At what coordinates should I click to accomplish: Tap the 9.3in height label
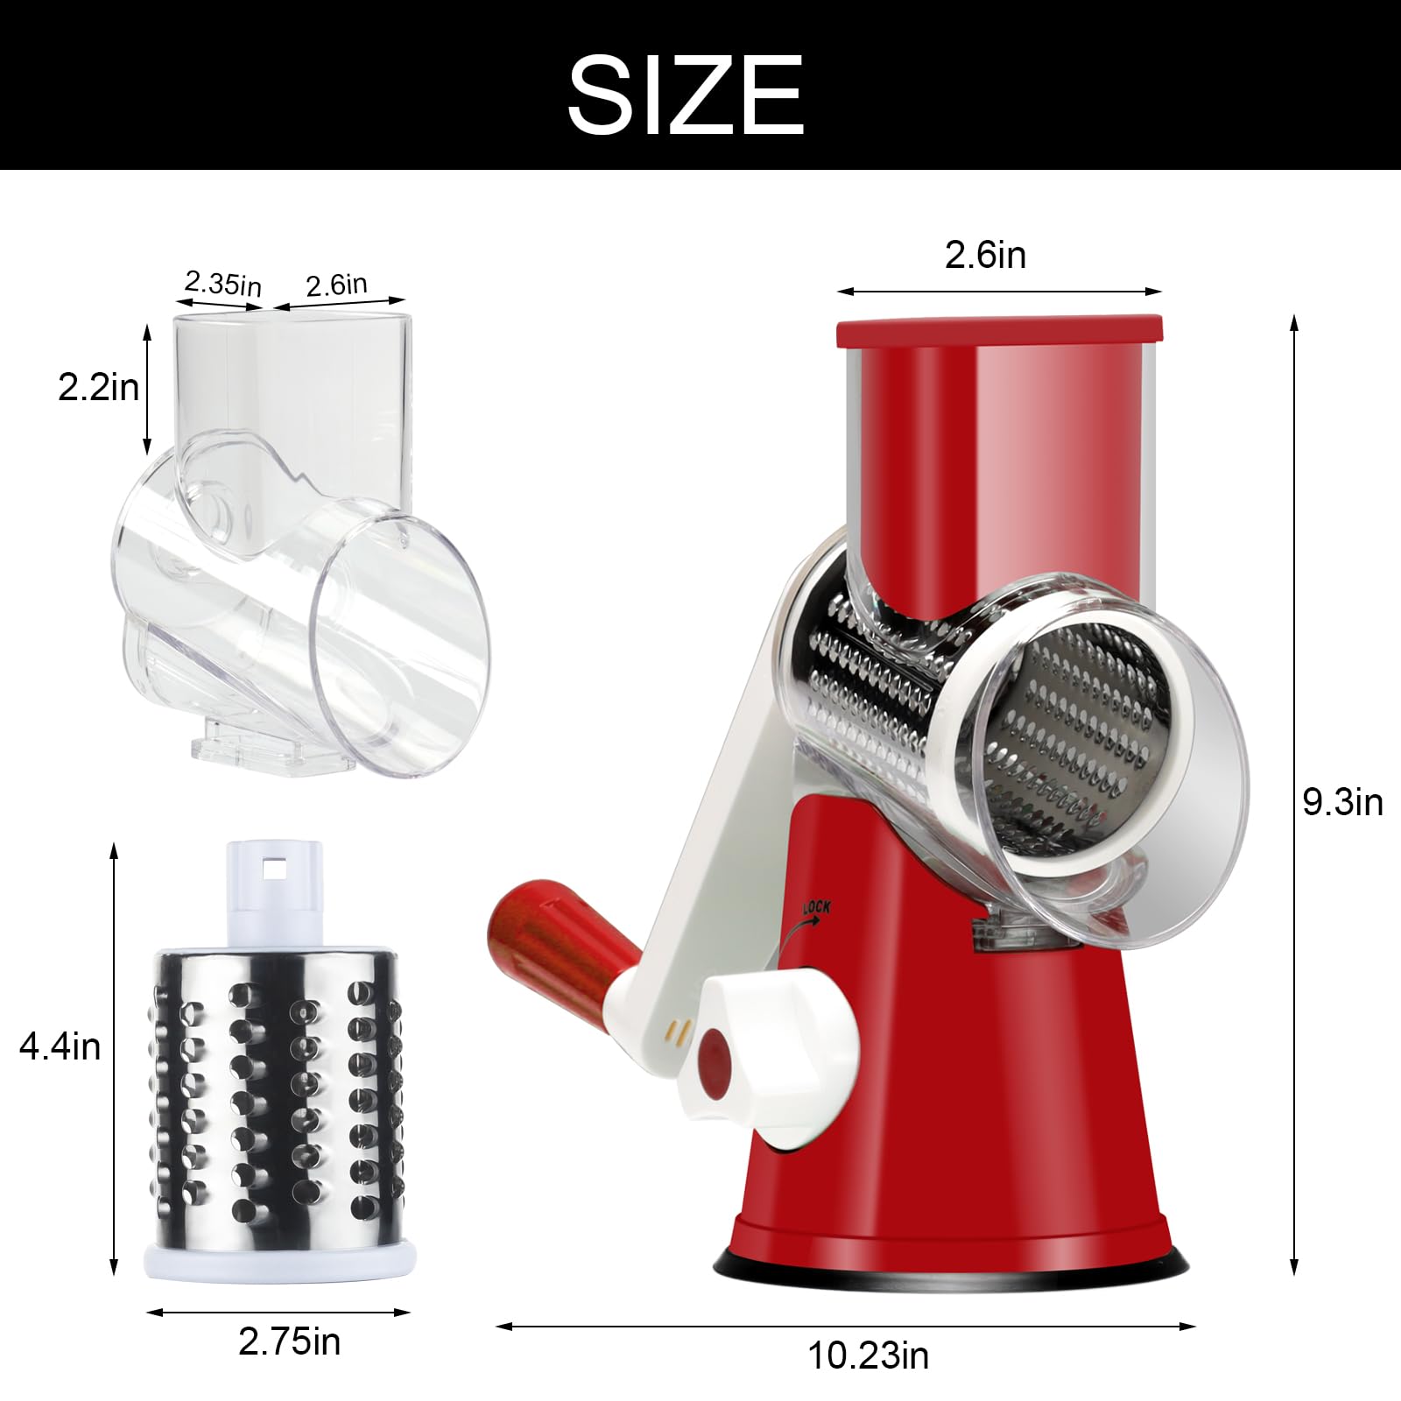point(1342,802)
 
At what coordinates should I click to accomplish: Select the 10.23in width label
point(868,1355)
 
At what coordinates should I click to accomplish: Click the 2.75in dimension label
point(289,1341)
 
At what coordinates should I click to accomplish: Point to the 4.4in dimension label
point(60,1046)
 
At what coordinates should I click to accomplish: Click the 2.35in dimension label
point(222,283)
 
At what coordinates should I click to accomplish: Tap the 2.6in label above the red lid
point(985,255)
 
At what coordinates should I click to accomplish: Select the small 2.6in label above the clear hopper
point(337,285)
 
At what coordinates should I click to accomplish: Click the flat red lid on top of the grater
point(999,331)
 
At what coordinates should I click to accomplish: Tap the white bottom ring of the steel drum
point(279,1261)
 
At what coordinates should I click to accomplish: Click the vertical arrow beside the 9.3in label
point(1294,613)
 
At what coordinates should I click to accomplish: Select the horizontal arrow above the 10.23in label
point(845,1327)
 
